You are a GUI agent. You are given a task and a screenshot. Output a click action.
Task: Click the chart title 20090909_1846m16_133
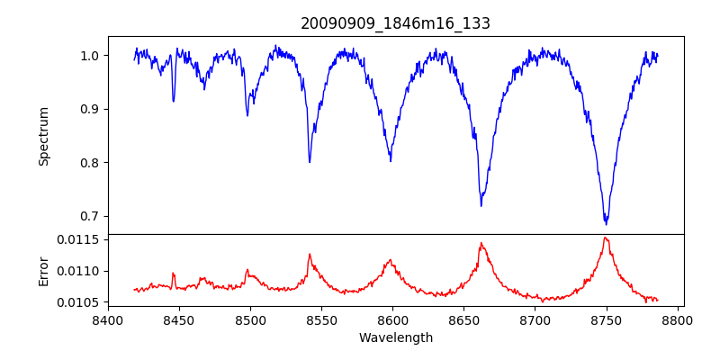[395, 23]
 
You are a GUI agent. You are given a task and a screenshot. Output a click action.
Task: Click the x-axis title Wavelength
[395, 337]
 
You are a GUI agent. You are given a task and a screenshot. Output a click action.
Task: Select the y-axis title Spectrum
[43, 136]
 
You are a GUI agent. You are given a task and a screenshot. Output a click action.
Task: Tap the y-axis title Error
[43, 270]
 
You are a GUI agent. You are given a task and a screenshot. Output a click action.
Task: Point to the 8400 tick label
[108, 319]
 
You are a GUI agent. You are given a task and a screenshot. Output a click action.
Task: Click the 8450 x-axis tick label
[179, 319]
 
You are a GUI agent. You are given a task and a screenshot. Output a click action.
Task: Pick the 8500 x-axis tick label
[250, 319]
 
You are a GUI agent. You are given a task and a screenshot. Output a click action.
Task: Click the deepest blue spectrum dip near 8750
[606, 222]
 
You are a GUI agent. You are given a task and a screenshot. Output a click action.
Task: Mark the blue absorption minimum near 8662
[481, 205]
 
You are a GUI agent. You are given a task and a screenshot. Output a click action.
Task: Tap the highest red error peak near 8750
[606, 238]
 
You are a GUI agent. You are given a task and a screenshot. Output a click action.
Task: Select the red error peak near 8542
[309, 254]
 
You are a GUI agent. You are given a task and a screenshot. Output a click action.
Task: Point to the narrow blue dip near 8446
[174, 100]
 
